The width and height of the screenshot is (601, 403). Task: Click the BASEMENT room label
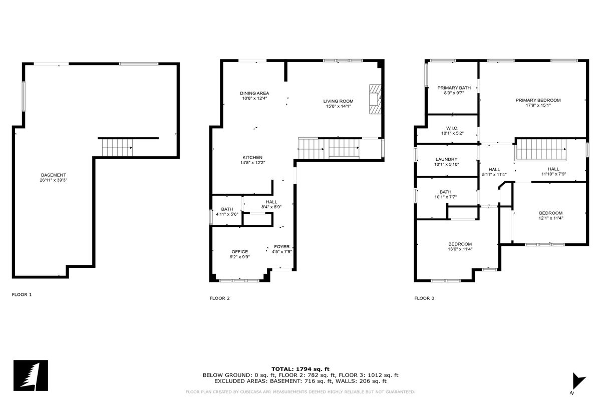pyautogui.click(x=54, y=175)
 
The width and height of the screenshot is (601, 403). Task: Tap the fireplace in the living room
pyautogui.click(x=375, y=100)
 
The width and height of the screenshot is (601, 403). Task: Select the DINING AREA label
pyautogui.click(x=254, y=93)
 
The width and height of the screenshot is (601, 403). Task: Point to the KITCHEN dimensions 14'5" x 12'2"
pyautogui.click(x=252, y=163)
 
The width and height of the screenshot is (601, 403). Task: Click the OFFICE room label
pyautogui.click(x=239, y=252)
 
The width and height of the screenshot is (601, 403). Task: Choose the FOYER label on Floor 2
pyautogui.click(x=281, y=247)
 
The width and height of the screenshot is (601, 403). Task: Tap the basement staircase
pyautogui.click(x=117, y=148)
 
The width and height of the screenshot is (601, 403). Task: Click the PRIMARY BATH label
pyautogui.click(x=454, y=88)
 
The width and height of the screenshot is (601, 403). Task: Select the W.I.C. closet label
pyautogui.click(x=452, y=128)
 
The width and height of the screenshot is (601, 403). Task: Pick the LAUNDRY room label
pyautogui.click(x=446, y=159)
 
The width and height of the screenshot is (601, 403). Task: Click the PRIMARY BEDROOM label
pyautogui.click(x=538, y=100)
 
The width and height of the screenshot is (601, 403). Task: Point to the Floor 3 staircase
pyautogui.click(x=541, y=150)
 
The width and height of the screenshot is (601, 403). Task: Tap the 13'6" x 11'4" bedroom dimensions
pyautogui.click(x=460, y=249)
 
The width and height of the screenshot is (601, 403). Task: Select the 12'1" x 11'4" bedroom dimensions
pyautogui.click(x=551, y=218)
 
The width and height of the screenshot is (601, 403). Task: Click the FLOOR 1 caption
pyautogui.click(x=22, y=295)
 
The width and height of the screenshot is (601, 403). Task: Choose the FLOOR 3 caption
pyautogui.click(x=424, y=298)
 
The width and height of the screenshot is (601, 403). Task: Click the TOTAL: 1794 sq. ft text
pyautogui.click(x=300, y=369)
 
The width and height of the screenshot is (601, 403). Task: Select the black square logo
pyautogui.click(x=31, y=375)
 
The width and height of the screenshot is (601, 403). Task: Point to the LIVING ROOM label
pyautogui.click(x=338, y=101)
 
